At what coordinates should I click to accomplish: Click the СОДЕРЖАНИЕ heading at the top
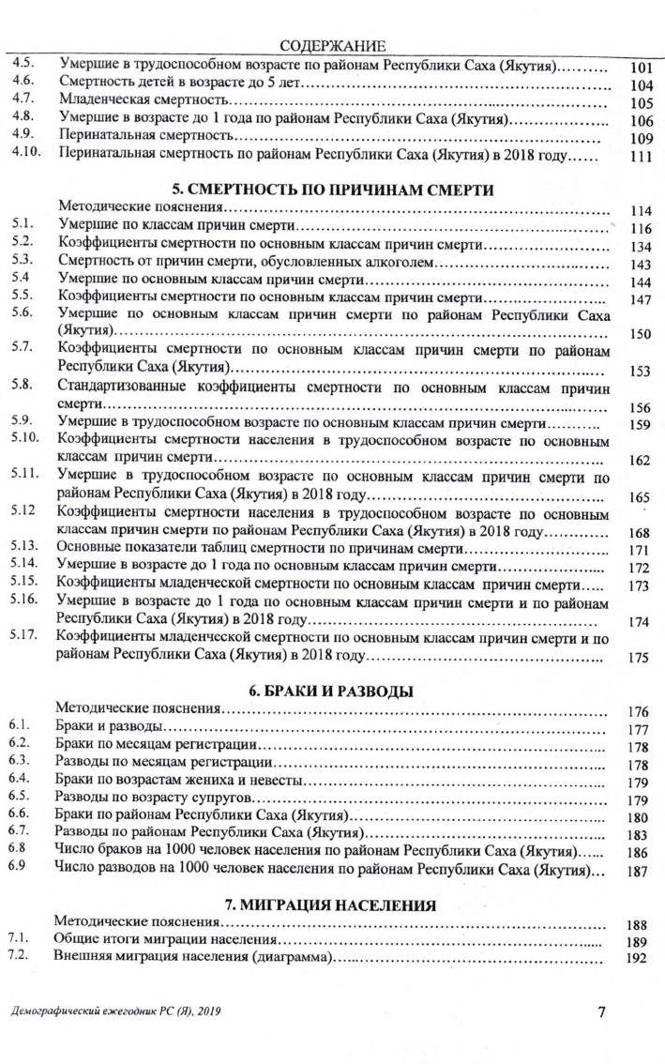pos(334,47)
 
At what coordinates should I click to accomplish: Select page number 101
pos(641,68)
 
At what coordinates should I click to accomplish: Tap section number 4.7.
pos(23,100)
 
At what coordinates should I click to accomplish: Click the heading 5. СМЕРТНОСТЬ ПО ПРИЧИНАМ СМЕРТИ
pos(333,189)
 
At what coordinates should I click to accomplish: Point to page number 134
pos(641,247)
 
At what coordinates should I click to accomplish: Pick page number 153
pos(641,372)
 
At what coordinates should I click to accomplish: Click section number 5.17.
pos(25,635)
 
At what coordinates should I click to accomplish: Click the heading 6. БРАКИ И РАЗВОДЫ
pos(333,692)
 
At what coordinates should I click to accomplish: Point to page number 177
pos(641,730)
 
